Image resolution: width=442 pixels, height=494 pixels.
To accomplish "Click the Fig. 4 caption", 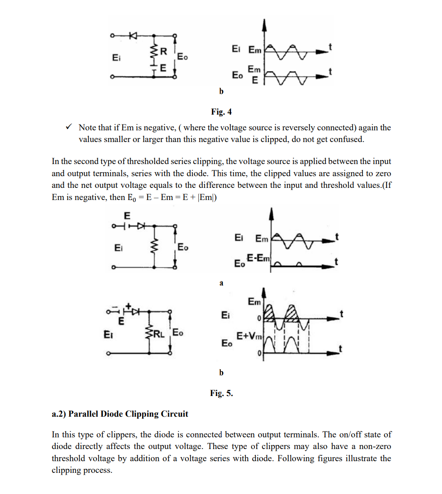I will (x=221, y=111).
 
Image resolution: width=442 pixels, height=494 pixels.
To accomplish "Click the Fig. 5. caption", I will (x=221, y=393).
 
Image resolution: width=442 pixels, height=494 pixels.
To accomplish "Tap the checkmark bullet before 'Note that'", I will (x=68, y=128).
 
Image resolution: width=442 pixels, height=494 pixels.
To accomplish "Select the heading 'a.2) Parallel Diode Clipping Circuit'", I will (x=120, y=414).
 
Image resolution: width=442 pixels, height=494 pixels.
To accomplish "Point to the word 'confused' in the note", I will (x=347, y=139).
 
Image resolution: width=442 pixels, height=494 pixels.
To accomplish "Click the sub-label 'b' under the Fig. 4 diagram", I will (x=221, y=92).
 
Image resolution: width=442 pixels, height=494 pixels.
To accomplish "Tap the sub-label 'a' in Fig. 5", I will (x=221, y=283).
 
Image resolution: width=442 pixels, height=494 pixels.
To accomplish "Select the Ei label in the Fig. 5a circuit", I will (x=118, y=247).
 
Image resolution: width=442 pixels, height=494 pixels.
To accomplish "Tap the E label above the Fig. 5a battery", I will (x=127, y=215).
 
